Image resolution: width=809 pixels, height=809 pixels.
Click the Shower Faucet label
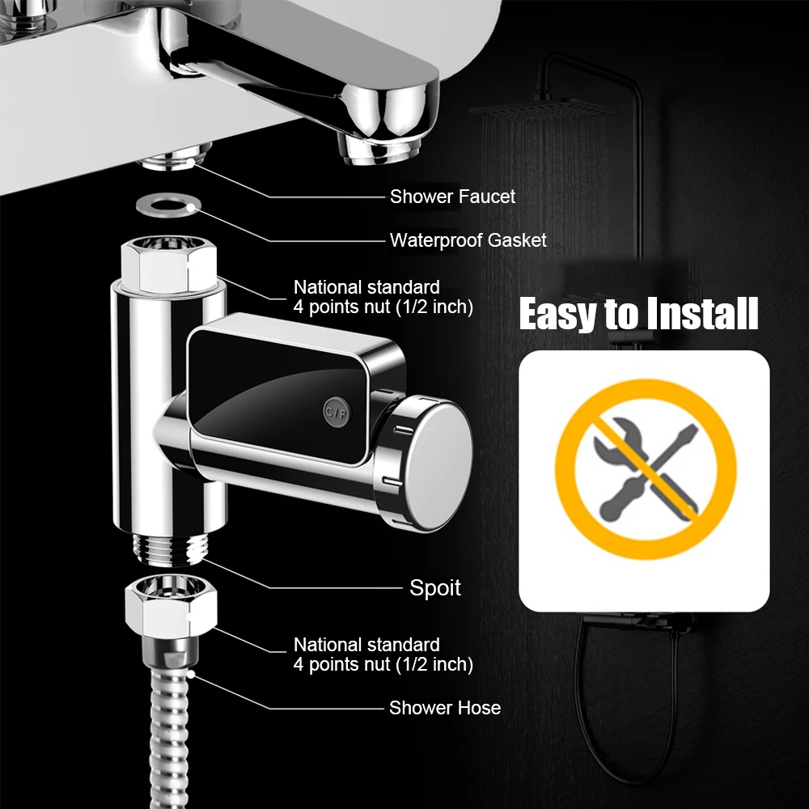pyautogui.click(x=452, y=197)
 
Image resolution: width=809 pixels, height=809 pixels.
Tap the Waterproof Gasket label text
pyautogui.click(x=468, y=240)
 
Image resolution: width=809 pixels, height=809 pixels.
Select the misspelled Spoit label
pyautogui.click(x=435, y=588)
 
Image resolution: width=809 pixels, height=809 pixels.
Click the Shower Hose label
pyautogui.click(x=445, y=708)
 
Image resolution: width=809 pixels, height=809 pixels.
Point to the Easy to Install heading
pyautogui.click(x=639, y=314)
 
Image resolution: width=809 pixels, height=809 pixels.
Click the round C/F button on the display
pyautogui.click(x=337, y=412)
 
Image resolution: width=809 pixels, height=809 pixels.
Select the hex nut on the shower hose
pyautogui.click(x=171, y=604)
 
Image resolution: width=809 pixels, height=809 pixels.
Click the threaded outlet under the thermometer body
pyautogui.click(x=171, y=549)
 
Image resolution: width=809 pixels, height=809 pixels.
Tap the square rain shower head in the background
pyautogui.click(x=543, y=110)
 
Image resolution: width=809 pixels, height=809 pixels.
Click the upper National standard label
pyautogui.click(x=383, y=297)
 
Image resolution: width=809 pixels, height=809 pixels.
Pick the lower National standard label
pyautogui.click(x=383, y=654)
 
